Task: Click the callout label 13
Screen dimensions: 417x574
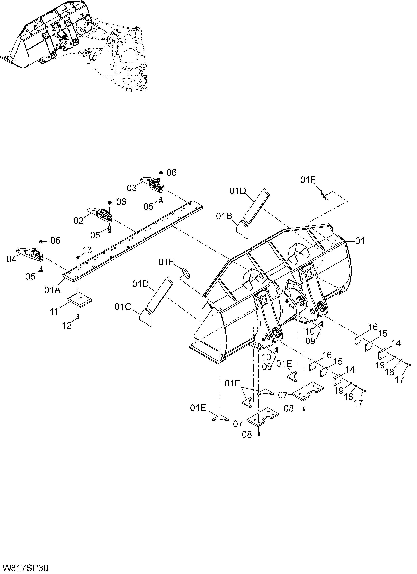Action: (87, 250)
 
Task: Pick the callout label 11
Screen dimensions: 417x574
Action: (54, 312)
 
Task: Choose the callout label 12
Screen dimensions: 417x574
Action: (67, 325)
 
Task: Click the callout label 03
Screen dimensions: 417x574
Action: (132, 188)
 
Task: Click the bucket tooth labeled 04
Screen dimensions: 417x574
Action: (30, 254)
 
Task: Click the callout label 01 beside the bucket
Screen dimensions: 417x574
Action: (360, 241)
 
